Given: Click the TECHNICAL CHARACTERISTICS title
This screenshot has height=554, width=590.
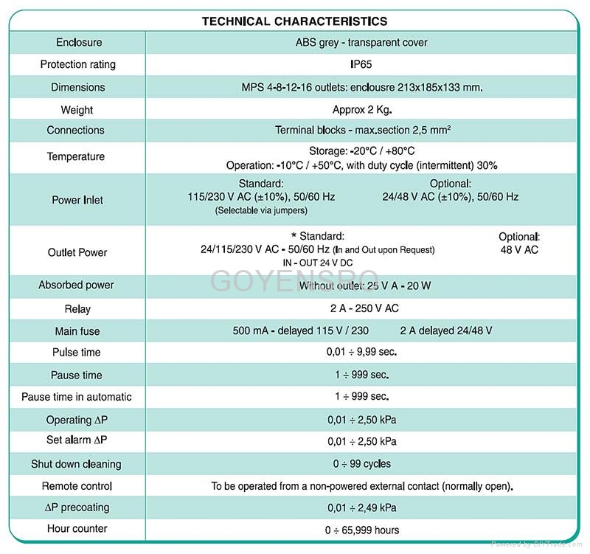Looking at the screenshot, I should click(x=294, y=21).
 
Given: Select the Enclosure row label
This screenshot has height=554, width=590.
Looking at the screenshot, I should click(x=78, y=42).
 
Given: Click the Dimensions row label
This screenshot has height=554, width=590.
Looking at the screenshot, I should click(x=78, y=87).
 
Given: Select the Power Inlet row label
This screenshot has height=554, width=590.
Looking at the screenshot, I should click(x=77, y=200).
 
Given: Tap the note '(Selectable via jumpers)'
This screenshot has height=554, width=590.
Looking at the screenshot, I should click(x=261, y=210).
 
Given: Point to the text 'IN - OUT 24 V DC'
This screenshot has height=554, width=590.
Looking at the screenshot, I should click(x=318, y=262).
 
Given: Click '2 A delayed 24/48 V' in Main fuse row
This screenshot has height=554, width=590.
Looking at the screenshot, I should click(x=446, y=330).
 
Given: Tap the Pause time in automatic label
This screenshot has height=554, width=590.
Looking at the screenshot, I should click(x=77, y=397).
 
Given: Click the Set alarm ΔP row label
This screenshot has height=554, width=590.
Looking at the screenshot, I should click(x=78, y=441).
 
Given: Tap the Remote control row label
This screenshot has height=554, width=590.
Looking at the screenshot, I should click(x=77, y=486).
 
